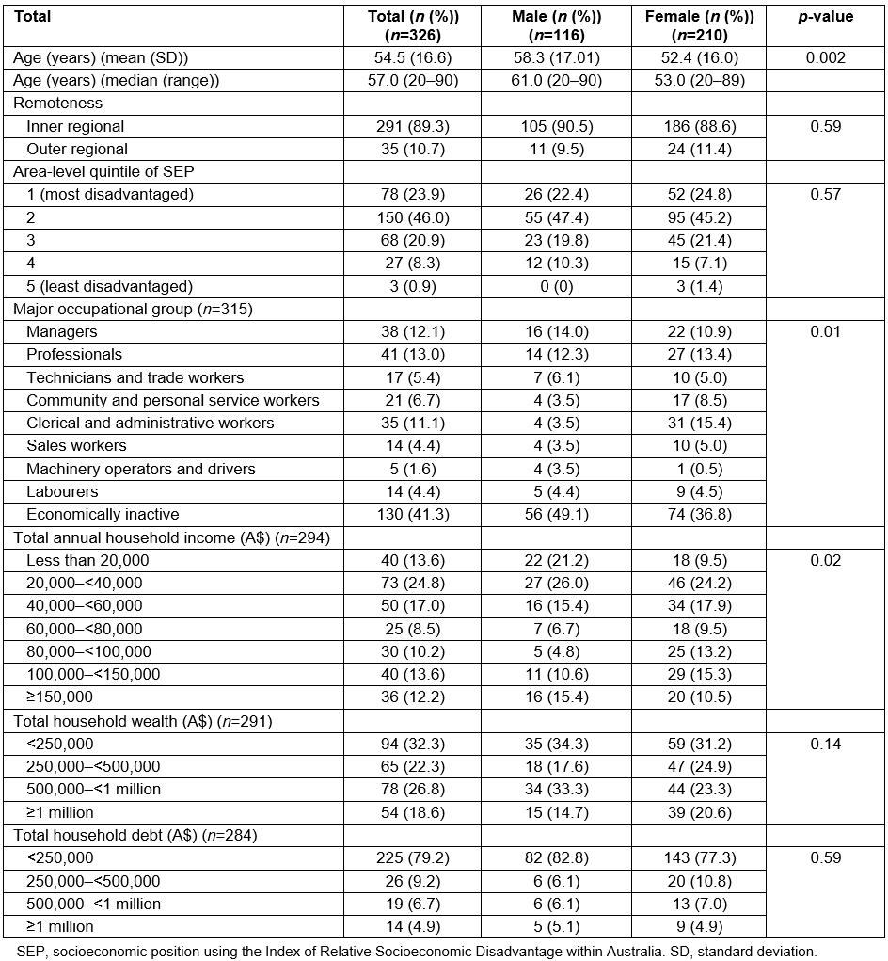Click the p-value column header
pyautogui.click(x=825, y=17)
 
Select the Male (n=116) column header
pyautogui.click(x=557, y=26)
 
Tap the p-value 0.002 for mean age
pyautogui.click(x=825, y=57)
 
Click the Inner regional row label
pyautogui.click(x=75, y=126)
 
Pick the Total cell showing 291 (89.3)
pyautogui.click(x=413, y=126)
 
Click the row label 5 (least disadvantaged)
pyautogui.click(x=109, y=286)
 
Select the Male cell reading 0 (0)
pyautogui.click(x=557, y=286)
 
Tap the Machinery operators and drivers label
pyautogui.click(x=140, y=469)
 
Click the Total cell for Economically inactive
pyautogui.click(x=413, y=514)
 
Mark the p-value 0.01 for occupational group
pyautogui.click(x=825, y=331)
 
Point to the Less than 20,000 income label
pyautogui.click(x=87, y=560)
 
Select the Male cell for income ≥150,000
pyautogui.click(x=557, y=697)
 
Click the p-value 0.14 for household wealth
pyautogui.click(x=825, y=744)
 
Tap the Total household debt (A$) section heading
pyautogui.click(x=135, y=835)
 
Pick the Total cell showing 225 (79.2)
pyautogui.click(x=413, y=857)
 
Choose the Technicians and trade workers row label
pyautogui.click(x=135, y=377)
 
